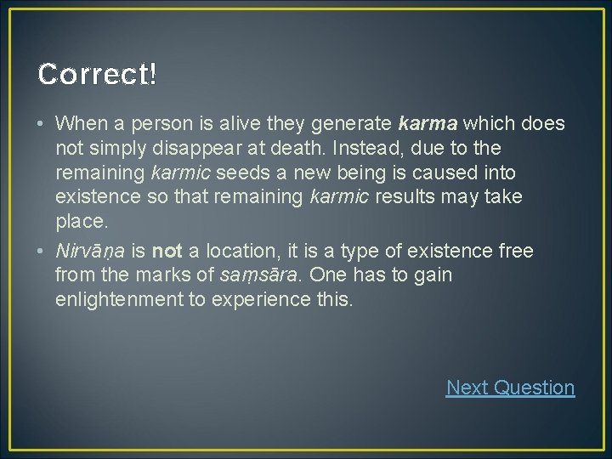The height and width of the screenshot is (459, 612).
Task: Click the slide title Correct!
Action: pyautogui.click(x=97, y=75)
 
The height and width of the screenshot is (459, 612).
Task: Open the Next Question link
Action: pyautogui.click(x=510, y=388)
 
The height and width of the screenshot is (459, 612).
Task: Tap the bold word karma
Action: pyautogui.click(x=428, y=124)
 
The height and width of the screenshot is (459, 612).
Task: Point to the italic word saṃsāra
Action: pyautogui.click(x=260, y=275)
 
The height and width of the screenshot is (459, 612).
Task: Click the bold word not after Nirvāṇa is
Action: pyautogui.click(x=167, y=251)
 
